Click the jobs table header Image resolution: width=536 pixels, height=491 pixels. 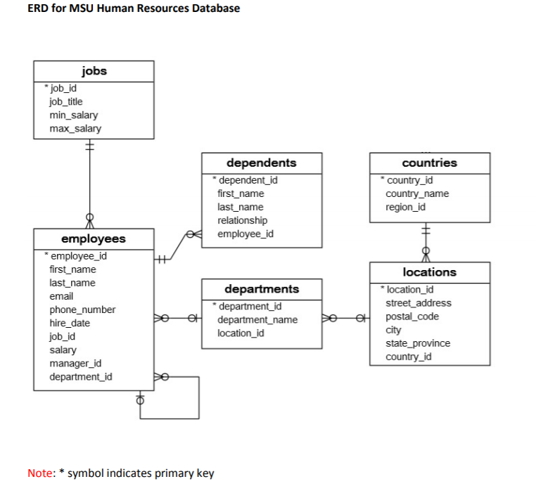(x=94, y=71)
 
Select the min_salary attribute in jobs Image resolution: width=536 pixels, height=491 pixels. (x=73, y=115)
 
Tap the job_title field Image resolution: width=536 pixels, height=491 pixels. (x=65, y=102)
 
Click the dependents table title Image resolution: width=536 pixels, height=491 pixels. (x=261, y=162)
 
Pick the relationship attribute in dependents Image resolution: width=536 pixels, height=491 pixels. (x=242, y=220)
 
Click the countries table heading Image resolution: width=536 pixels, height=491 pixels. (x=429, y=162)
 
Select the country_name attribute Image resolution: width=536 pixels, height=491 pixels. (x=416, y=193)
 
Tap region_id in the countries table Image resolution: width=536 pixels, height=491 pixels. (x=405, y=207)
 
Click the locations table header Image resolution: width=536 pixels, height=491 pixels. (x=429, y=272)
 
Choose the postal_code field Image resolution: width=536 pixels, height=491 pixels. (x=411, y=317)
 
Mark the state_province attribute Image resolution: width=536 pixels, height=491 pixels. (x=418, y=343)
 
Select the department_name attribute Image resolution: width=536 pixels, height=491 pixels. (x=257, y=319)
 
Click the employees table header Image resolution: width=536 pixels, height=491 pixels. (x=94, y=238)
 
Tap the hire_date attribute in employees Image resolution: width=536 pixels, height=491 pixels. (x=70, y=323)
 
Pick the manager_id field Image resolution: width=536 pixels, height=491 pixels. (x=75, y=363)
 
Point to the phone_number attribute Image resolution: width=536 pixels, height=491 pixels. (x=82, y=310)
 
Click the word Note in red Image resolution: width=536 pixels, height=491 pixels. (x=39, y=473)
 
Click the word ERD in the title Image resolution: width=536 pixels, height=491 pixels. (x=38, y=8)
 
